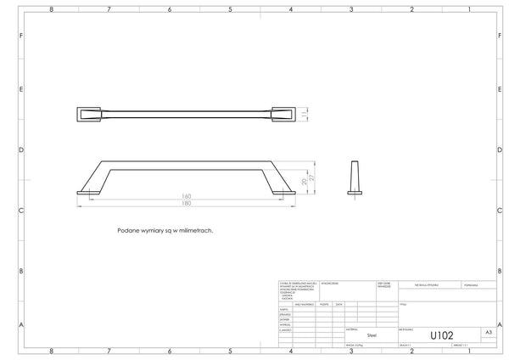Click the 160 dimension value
click(186, 197)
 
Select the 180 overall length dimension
click(186, 205)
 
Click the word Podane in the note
click(126, 229)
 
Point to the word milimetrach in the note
click(195, 229)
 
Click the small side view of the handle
click(355, 177)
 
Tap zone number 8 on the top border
click(52, 8)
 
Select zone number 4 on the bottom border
click(291, 351)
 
